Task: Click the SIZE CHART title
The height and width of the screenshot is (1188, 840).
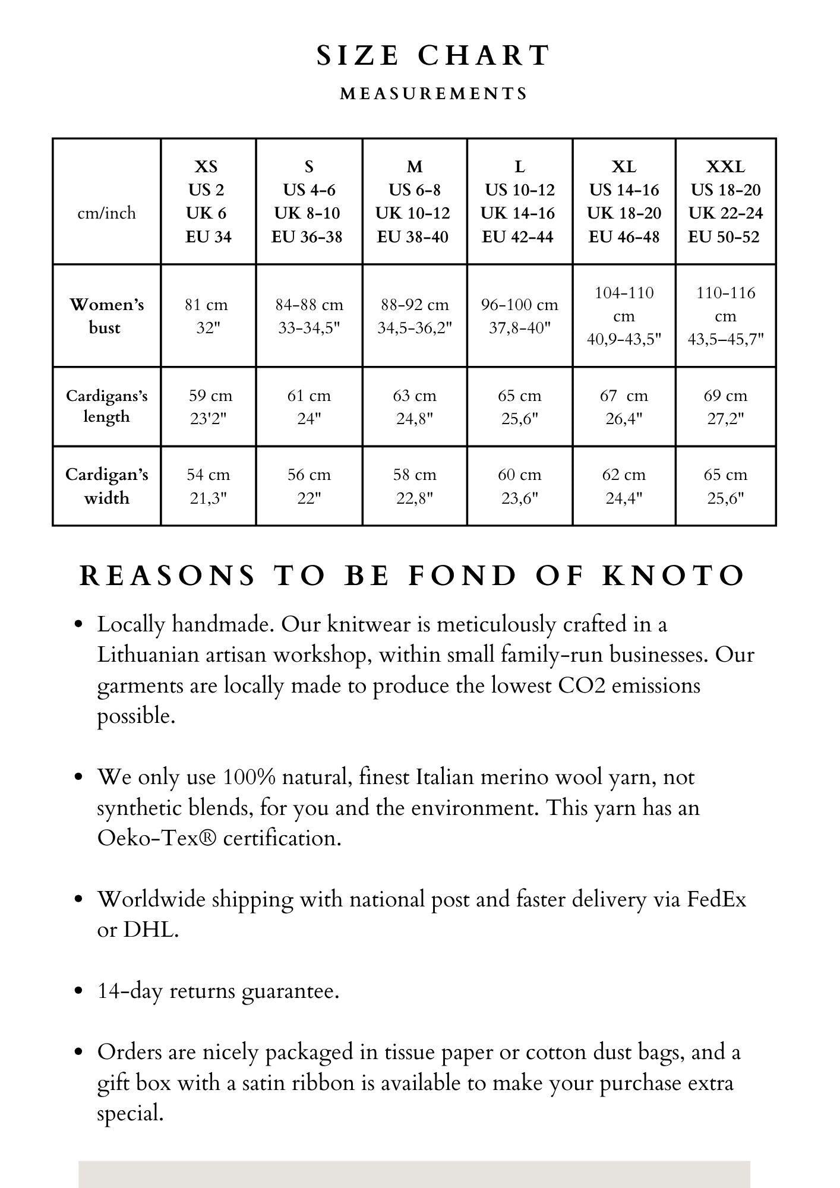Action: pyautogui.click(x=433, y=56)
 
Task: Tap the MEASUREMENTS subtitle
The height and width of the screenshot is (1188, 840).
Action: pyautogui.click(x=434, y=94)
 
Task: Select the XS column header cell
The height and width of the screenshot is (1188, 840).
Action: pyautogui.click(x=207, y=201)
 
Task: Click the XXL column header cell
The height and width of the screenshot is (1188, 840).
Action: pyautogui.click(x=725, y=201)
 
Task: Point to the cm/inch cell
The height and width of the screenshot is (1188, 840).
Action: pyautogui.click(x=106, y=213)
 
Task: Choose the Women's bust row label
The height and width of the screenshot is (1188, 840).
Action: pyautogui.click(x=106, y=316)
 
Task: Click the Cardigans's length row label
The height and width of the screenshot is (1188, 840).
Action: pyautogui.click(x=106, y=406)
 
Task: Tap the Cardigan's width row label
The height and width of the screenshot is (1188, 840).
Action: pyautogui.click(x=106, y=486)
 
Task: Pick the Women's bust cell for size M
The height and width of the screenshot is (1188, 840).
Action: pyautogui.click(x=415, y=316)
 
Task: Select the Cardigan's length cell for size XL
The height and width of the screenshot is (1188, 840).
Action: pyautogui.click(x=624, y=407)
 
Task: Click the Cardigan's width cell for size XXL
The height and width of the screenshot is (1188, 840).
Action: pyautogui.click(x=725, y=486)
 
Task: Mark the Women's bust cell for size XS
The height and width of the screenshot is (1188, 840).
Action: pyautogui.click(x=207, y=316)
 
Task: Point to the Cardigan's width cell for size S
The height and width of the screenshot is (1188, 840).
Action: pyautogui.click(x=309, y=486)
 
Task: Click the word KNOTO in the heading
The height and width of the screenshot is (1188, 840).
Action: pyautogui.click(x=674, y=576)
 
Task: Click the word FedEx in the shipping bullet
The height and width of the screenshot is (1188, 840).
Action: pyautogui.click(x=716, y=899)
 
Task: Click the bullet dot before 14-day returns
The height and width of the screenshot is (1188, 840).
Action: pyautogui.click(x=78, y=991)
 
